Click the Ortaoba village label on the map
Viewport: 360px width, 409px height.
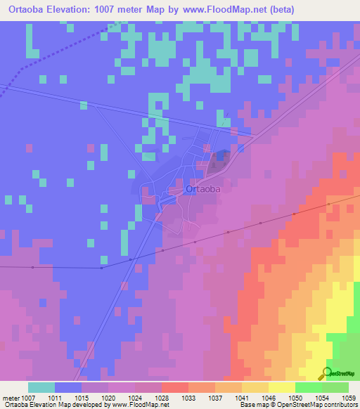tap(202, 189)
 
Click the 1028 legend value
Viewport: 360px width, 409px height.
tap(161, 397)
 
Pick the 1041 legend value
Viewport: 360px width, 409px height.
tap(240, 397)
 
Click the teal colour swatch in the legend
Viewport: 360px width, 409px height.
tap(41, 387)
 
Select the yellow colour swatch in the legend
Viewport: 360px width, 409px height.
tap(281, 387)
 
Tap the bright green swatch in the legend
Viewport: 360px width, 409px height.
tap(308, 387)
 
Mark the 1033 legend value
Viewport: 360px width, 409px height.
tap(188, 397)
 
